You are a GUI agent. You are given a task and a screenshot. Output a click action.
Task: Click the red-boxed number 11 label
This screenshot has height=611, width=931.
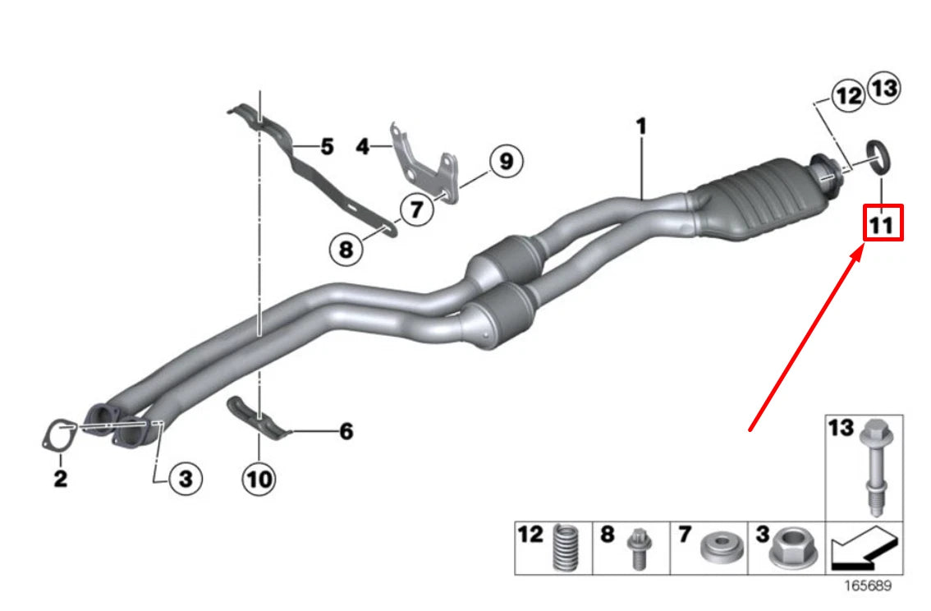pyautogui.click(x=883, y=224)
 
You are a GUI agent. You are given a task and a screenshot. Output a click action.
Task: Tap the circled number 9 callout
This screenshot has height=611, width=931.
pyautogui.click(x=506, y=161)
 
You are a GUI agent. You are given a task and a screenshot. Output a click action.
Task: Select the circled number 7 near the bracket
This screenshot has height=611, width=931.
pyautogui.click(x=416, y=209)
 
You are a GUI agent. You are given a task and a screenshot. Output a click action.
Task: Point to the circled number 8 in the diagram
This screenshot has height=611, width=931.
pyautogui.click(x=346, y=249)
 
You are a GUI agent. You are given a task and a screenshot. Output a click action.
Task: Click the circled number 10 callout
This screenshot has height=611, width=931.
pyautogui.click(x=259, y=479)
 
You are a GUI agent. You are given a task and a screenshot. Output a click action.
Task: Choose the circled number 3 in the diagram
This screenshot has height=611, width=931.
pyautogui.click(x=186, y=478)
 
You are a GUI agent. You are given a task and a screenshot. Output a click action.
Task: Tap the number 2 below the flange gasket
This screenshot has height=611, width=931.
pyautogui.click(x=61, y=478)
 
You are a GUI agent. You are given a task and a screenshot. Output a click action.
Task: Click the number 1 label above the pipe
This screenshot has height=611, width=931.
pyautogui.click(x=640, y=126)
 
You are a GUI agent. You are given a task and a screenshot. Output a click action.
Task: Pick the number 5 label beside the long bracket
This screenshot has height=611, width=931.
pyautogui.click(x=327, y=146)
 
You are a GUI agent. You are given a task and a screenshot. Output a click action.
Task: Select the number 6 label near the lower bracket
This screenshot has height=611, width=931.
pyautogui.click(x=346, y=431)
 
